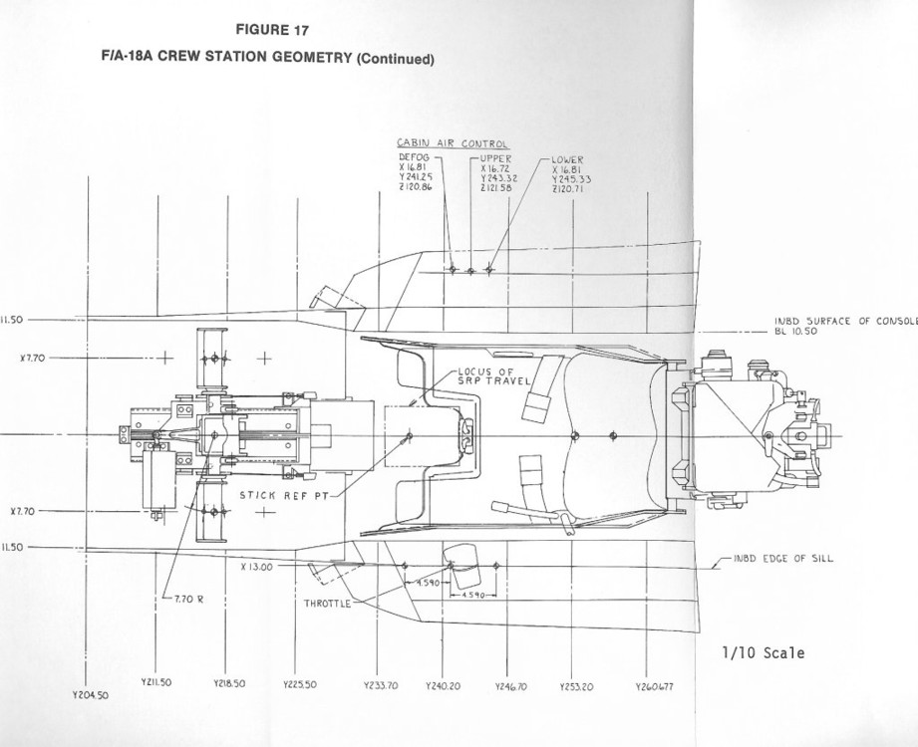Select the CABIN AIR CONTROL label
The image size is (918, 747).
[453, 144]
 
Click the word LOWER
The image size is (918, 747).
[566, 159]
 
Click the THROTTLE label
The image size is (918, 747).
[327, 603]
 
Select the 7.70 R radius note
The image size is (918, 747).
[187, 601]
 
